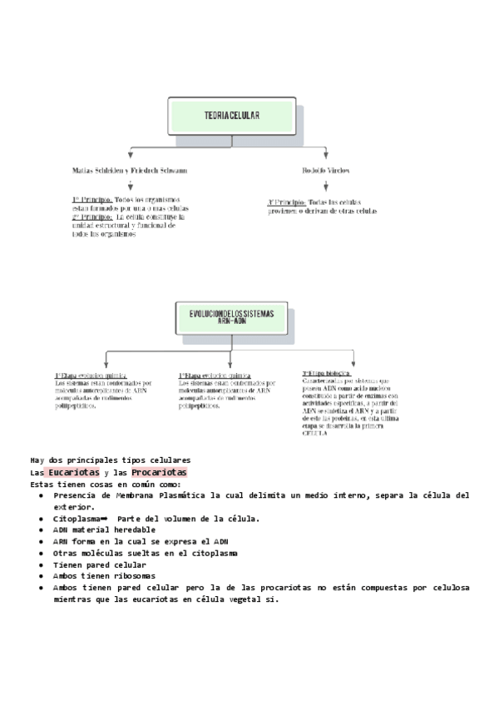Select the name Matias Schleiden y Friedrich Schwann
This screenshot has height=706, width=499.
click(x=129, y=170)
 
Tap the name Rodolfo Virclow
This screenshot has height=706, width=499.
click(x=325, y=170)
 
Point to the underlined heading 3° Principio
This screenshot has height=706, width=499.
click(x=285, y=202)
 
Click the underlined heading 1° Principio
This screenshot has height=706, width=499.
click(x=91, y=200)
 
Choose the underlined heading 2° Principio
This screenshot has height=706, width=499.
click(x=91, y=216)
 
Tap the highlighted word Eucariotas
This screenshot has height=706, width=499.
click(x=74, y=473)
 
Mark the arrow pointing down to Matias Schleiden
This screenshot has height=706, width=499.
click(x=131, y=154)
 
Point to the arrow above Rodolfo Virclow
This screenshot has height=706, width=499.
click(x=325, y=154)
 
